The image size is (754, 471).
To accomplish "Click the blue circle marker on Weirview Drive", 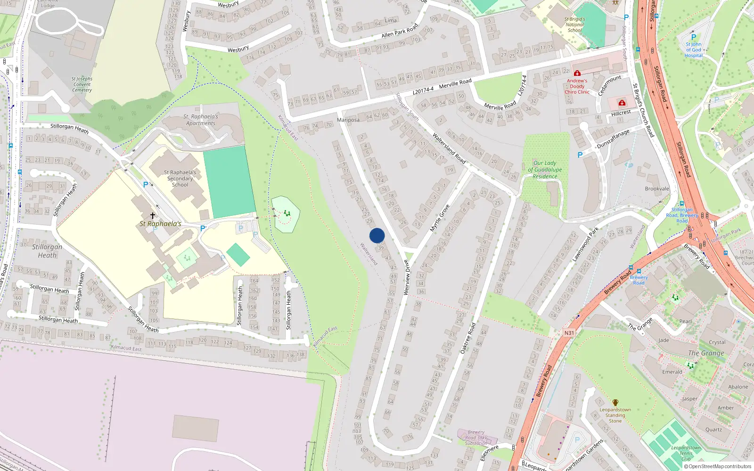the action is coord(377,235).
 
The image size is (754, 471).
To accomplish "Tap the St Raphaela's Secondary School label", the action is coord(180,179).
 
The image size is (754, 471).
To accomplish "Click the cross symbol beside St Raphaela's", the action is coord(153,216).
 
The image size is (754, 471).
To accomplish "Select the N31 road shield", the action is coord(569,333).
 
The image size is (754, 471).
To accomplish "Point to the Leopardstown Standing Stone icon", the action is coord(615,403).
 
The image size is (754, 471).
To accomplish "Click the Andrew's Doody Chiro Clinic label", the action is coord(577,87).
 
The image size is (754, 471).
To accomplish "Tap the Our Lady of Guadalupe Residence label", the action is coord(545,170).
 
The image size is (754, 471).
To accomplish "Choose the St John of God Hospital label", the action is coord(693,50).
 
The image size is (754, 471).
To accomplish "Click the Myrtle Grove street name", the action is coord(440,218).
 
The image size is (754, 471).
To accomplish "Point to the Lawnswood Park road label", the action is coord(585,244).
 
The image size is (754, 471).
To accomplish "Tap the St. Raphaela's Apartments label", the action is coord(201,120).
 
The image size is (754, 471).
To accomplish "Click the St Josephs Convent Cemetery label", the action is coord(82,84).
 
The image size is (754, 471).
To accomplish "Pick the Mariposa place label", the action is coord(348,120).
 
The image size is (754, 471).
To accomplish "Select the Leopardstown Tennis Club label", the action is coord(686,453).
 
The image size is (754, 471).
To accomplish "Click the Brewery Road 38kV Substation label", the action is coord(476,438).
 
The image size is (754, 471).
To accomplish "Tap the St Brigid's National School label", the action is coord(574,25).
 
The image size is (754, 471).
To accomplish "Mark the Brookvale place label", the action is coord(657,189).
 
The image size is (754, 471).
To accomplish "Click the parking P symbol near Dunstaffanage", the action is coord(580,155).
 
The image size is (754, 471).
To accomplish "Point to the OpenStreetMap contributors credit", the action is coord(718,466).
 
